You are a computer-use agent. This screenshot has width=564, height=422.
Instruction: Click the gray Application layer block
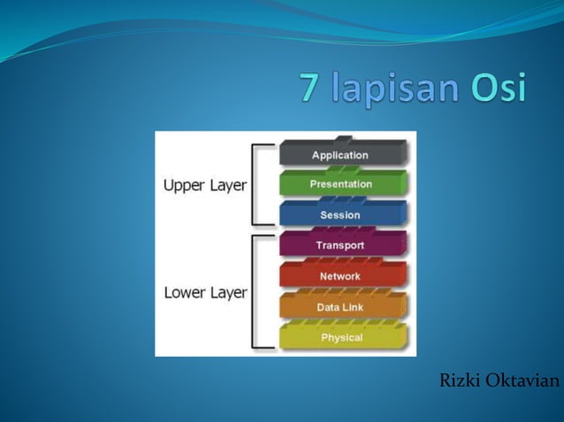pos(341,154)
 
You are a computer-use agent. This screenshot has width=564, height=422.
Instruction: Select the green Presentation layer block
pos(341,185)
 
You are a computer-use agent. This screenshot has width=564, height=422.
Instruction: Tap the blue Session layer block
pos(341,215)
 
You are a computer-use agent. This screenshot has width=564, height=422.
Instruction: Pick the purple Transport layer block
pos(341,245)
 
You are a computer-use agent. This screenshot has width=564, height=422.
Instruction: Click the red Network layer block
pos(341,276)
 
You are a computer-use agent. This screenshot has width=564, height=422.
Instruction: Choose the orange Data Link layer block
pos(341,307)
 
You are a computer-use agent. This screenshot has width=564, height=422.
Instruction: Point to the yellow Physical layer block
pos(341,337)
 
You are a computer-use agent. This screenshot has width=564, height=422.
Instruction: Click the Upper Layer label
pos(205,186)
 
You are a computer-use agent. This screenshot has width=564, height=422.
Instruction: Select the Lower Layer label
pos(205,292)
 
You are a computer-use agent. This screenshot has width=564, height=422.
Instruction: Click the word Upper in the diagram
pos(183,186)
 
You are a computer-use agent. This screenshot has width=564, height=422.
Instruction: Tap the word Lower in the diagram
pos(184,292)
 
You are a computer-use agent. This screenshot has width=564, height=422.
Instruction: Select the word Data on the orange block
pos(328,307)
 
